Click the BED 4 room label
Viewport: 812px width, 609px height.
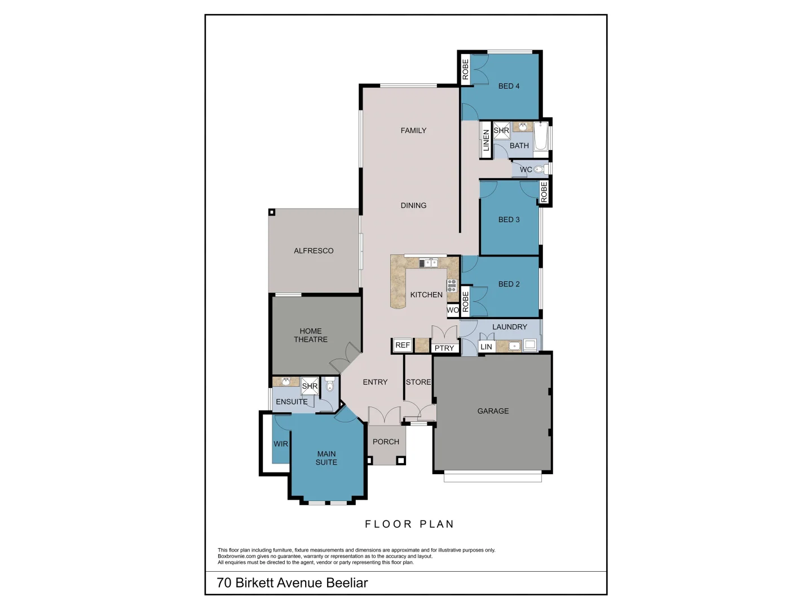509,86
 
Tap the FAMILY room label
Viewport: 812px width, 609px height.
413,130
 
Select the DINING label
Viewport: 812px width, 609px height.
413,205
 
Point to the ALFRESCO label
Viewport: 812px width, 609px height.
314,250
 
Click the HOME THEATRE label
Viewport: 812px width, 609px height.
311,335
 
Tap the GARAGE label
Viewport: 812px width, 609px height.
493,411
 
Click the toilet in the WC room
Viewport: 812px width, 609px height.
539,169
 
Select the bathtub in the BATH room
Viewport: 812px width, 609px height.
540,137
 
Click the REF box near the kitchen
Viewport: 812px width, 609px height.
402,345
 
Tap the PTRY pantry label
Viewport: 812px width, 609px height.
444,348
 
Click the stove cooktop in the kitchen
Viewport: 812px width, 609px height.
452,285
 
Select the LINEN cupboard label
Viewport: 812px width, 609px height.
486,141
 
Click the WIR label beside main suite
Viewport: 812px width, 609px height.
280,444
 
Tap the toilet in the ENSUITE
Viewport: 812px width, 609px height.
330,385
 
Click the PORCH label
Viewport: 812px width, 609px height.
386,442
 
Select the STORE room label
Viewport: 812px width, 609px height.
418,382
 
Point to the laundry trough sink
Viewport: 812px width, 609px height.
514,346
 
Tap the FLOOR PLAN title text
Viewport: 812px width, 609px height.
409,524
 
